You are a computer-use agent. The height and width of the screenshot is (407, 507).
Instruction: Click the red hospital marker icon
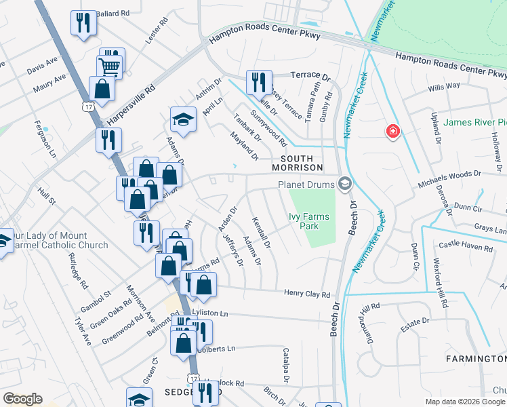pyautogui.click(x=392, y=131)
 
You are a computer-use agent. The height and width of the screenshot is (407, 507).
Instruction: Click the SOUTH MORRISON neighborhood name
pyautogui.click(x=296, y=161)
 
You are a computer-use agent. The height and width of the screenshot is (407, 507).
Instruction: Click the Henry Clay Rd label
pyautogui.click(x=307, y=294)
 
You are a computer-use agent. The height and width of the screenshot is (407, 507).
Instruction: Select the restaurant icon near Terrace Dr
pyautogui.click(x=258, y=82)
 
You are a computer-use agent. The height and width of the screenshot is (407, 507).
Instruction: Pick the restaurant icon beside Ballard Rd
pyautogui.click(x=83, y=22)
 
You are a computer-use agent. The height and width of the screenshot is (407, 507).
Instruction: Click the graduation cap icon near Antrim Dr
pyautogui.click(x=182, y=120)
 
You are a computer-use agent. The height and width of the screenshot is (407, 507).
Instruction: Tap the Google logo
pyautogui.click(x=23, y=398)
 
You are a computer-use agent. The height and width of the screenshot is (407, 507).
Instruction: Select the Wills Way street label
pyautogui.click(x=444, y=86)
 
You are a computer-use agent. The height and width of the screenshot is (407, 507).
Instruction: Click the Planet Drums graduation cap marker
pyautogui.click(x=345, y=184)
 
